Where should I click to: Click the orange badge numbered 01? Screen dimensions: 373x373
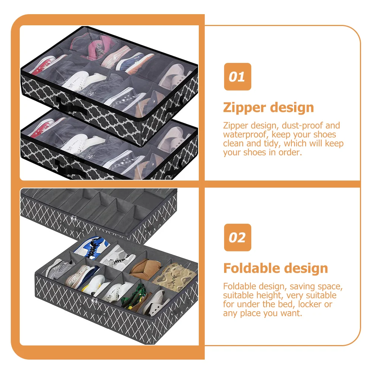pos(237,77)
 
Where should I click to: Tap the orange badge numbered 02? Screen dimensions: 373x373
pos(237,237)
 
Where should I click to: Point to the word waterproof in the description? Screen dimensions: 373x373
pos(245,135)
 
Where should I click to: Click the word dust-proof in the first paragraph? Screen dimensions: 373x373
pos(302,125)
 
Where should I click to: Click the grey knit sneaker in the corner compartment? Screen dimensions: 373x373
pos(60,269)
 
